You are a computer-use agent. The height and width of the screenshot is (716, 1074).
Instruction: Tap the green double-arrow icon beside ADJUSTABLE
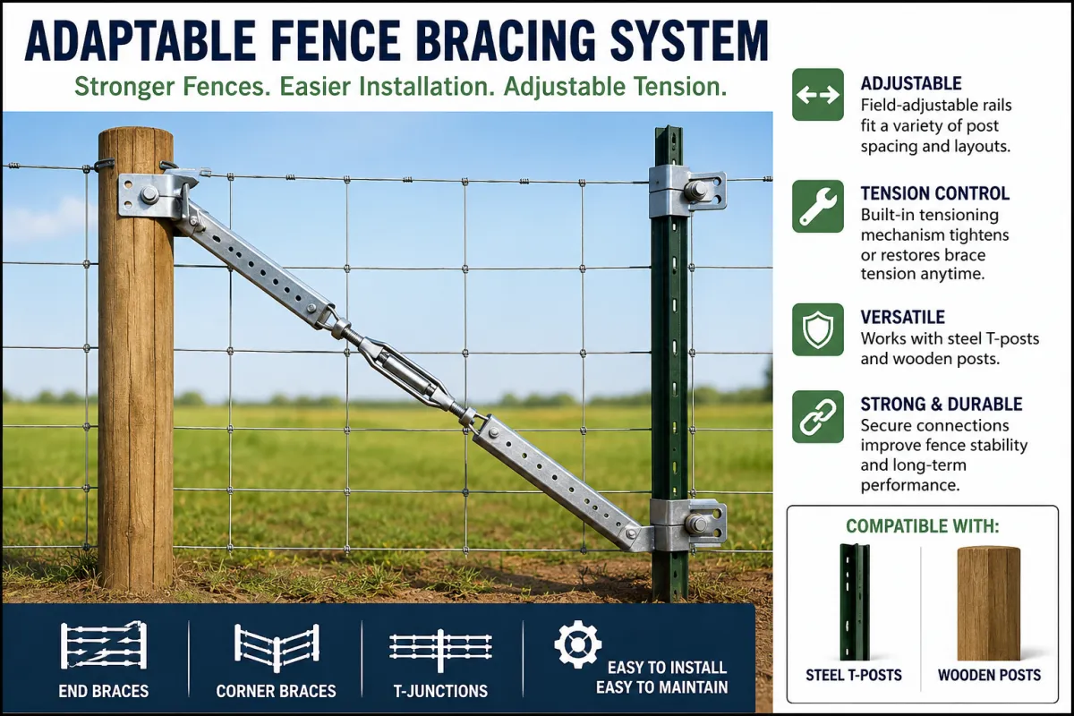pos(817,95)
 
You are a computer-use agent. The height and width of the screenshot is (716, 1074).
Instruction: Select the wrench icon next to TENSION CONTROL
pos(817,206)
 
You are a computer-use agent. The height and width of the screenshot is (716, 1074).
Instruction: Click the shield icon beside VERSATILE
pos(817,329)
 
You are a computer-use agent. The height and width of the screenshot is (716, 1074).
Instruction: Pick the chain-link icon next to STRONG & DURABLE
pos(817,417)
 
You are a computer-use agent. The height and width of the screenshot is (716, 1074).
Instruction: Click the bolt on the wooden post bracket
pos(149,194)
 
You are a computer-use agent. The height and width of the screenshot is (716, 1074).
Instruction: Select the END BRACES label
pos(104,691)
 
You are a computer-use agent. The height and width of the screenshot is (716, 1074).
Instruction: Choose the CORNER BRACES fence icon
pos(277,647)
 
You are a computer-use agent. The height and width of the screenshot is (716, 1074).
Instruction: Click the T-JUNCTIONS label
pos(440,691)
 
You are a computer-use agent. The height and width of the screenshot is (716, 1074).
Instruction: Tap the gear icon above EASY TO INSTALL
pos(577,644)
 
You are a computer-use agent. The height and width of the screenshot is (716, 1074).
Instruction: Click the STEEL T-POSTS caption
pos(854,675)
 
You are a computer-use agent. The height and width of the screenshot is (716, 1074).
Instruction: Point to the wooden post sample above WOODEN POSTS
pos(989,603)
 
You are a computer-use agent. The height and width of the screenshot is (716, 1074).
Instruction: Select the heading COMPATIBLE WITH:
pos(923,526)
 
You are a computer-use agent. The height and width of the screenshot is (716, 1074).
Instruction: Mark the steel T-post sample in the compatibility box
pos(854,601)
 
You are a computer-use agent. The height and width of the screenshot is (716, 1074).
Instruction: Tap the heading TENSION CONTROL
pos(935,193)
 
